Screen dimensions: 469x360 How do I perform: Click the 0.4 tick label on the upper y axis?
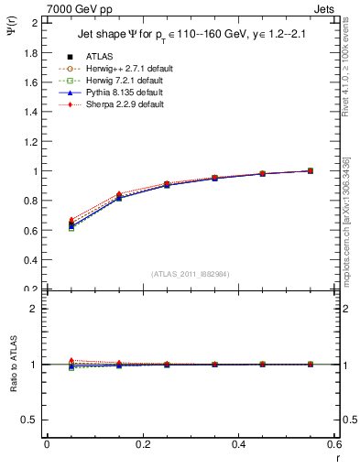click(30, 260)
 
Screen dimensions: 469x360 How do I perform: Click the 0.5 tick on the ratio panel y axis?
click(30, 420)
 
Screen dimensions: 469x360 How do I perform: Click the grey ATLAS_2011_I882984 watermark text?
click(190, 274)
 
